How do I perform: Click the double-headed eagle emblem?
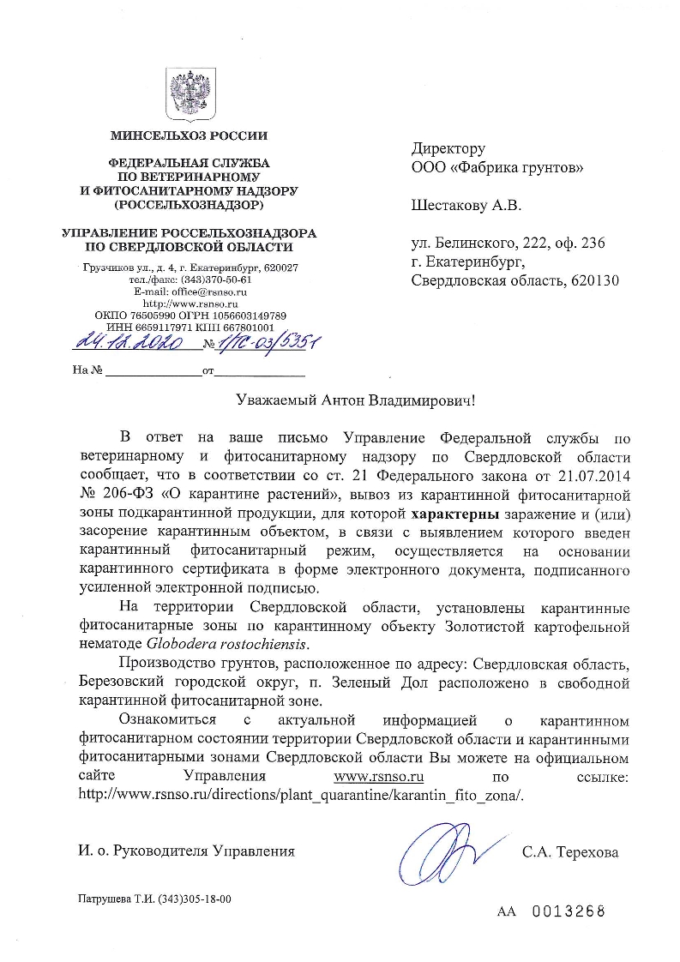[x=189, y=94]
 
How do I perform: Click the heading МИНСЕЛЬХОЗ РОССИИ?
[x=189, y=135]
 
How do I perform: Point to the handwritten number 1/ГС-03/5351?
[x=266, y=342]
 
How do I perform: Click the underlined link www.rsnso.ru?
[x=379, y=777]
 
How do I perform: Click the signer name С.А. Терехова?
[x=569, y=852]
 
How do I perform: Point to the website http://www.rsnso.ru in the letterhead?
[x=190, y=304]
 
